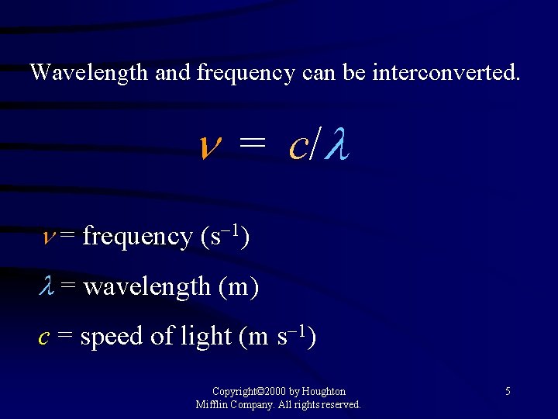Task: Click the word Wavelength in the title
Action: [x=89, y=73]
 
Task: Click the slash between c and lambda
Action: [x=314, y=145]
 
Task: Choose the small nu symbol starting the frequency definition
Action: [x=48, y=236]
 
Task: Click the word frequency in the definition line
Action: [x=137, y=236]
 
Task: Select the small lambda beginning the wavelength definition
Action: [x=46, y=286]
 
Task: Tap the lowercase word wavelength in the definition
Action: [x=146, y=287]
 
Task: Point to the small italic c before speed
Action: [x=45, y=337]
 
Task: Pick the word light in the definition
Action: [x=205, y=336]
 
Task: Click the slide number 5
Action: [x=508, y=392]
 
